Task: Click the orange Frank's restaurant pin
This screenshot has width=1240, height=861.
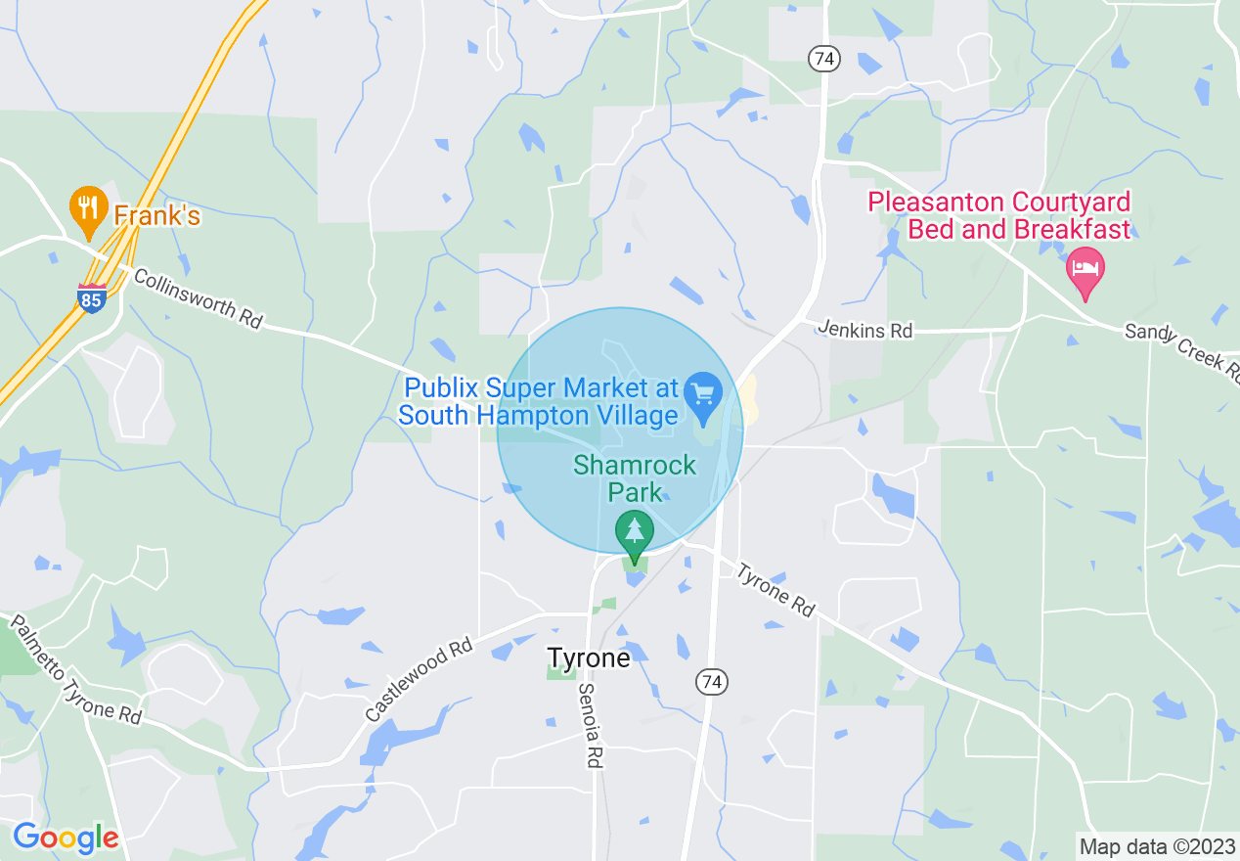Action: tap(88, 209)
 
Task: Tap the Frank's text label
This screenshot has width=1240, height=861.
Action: tap(156, 215)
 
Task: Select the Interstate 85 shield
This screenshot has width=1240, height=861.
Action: tap(92, 297)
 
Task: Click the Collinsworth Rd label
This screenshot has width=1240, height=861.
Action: tap(199, 298)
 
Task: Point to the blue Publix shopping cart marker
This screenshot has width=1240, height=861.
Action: tap(702, 394)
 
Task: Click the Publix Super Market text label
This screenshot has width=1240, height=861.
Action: tap(538, 401)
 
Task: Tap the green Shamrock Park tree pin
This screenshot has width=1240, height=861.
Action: tap(635, 534)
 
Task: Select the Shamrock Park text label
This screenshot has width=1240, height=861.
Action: tap(635, 476)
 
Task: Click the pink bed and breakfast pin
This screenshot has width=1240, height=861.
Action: tap(1085, 271)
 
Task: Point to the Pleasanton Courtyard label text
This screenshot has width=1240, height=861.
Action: tap(999, 216)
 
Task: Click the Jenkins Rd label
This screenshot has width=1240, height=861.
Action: tap(866, 331)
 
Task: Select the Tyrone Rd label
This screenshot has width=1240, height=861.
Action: tap(775, 590)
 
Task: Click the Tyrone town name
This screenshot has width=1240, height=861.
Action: tap(588, 657)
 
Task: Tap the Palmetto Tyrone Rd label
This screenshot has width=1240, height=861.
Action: tap(74, 669)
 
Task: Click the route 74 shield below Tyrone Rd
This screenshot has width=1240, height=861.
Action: tap(711, 682)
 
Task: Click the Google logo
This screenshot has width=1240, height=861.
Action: tap(66, 838)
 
